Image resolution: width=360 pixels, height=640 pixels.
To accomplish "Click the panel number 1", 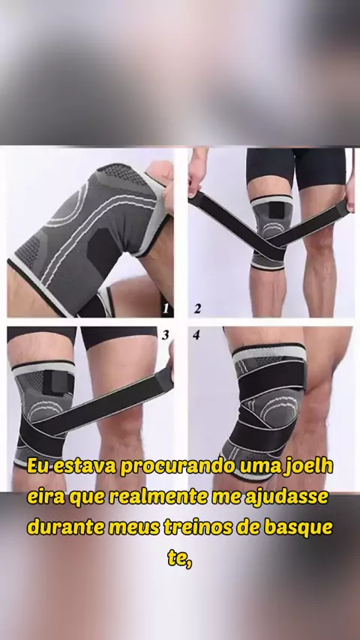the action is pos(166,309).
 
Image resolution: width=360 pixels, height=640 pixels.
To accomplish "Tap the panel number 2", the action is pos(197,309).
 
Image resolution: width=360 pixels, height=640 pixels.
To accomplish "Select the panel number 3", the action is pos(165,335).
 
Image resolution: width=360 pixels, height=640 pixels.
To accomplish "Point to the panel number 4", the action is pos(196,335).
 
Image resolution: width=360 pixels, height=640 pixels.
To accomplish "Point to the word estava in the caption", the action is pos(85,467).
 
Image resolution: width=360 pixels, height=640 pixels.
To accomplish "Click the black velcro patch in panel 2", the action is pos(277,211).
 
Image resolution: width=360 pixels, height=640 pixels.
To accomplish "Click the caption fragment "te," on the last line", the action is pos(180,558).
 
